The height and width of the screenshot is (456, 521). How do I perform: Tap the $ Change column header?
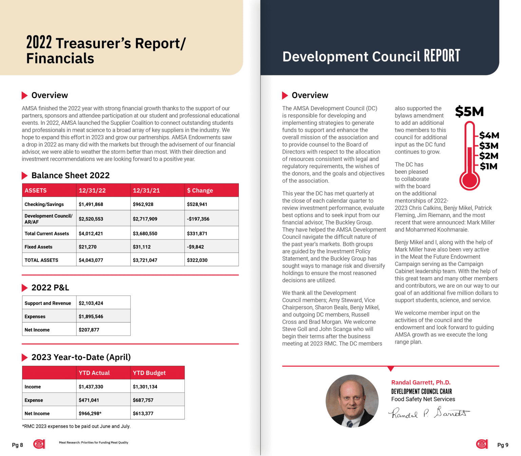click(200, 191)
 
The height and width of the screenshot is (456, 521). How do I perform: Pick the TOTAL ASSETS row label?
click(41, 260)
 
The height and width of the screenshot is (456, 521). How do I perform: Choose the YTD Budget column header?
click(149, 373)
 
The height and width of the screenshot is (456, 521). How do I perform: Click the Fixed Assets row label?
click(38, 247)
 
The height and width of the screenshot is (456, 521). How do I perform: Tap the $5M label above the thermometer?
click(469, 112)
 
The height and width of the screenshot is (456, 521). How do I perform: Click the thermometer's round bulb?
click(469, 180)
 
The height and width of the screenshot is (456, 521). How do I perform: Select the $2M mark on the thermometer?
click(488, 156)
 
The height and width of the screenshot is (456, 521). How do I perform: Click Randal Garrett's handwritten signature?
click(429, 413)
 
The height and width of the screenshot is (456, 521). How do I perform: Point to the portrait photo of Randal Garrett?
click(352, 401)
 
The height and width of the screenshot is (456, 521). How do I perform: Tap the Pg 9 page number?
click(503, 445)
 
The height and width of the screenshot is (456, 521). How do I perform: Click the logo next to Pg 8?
click(39, 444)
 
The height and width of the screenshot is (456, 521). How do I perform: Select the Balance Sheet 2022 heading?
click(70, 175)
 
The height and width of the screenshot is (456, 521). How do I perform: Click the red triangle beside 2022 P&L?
click(24, 288)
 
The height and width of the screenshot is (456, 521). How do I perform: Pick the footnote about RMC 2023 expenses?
click(76, 426)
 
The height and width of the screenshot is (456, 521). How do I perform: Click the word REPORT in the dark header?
click(442, 56)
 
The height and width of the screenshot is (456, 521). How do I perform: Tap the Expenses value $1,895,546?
click(91, 317)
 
